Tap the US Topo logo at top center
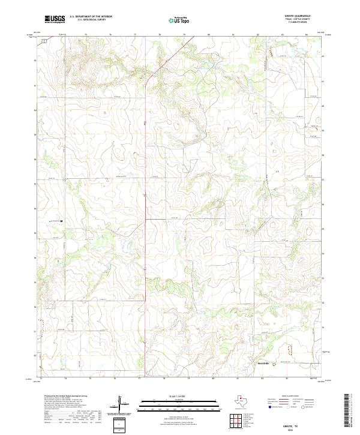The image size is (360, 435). click(x=178, y=20)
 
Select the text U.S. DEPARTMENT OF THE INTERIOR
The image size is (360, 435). click(x=91, y=17)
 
